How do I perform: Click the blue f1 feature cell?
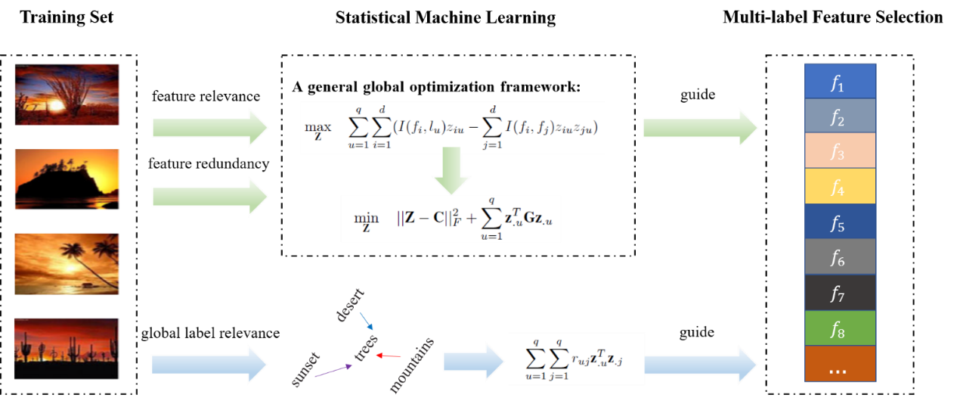click(840, 82)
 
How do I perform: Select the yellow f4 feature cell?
click(840, 186)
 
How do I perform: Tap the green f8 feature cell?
click(840, 328)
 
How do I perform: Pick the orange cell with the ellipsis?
click(840, 364)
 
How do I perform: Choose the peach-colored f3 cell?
click(840, 151)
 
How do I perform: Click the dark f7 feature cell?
click(840, 293)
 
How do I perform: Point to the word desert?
click(350, 304)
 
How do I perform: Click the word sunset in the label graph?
click(305, 369)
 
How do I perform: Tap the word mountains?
click(411, 366)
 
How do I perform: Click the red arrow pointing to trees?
click(389, 355)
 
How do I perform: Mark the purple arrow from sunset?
click(333, 370)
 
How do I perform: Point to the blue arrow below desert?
click(366, 321)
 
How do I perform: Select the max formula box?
click(452, 128)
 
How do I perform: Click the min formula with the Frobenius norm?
click(451, 219)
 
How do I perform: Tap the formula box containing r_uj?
click(576, 359)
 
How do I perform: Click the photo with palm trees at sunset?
click(67, 263)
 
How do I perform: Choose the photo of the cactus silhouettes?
click(67, 348)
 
